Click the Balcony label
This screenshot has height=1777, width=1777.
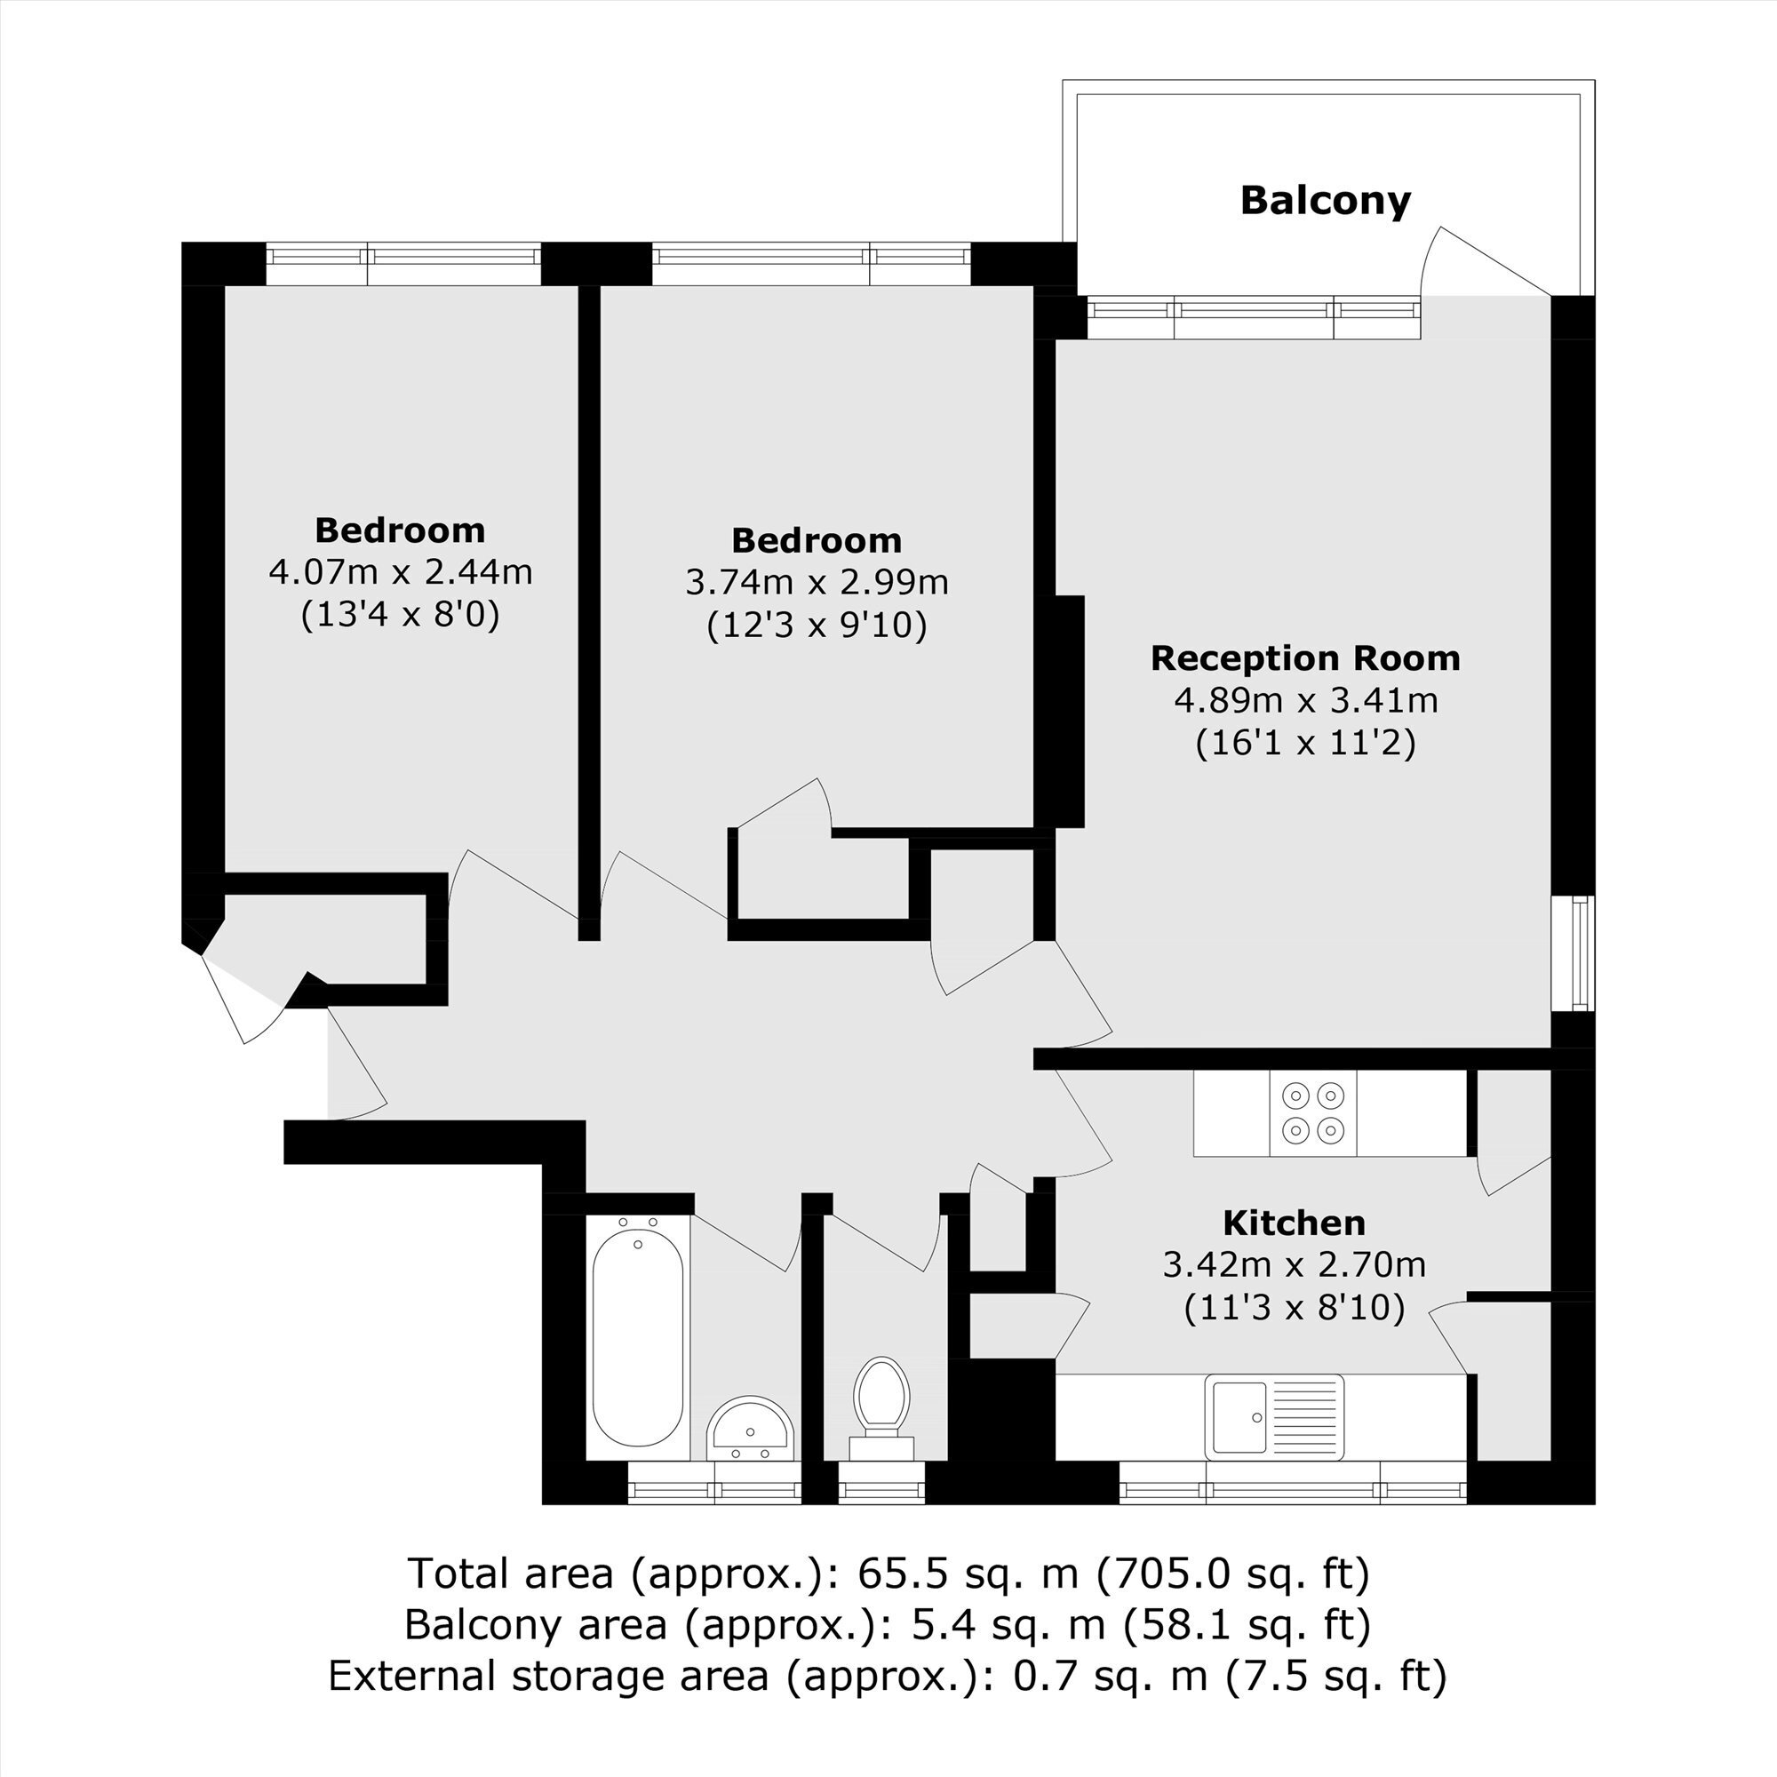[x=1326, y=201]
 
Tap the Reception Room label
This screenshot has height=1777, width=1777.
[x=1305, y=658]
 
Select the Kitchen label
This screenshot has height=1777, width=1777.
[x=1295, y=1223]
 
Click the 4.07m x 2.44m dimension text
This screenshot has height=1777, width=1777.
[x=400, y=572]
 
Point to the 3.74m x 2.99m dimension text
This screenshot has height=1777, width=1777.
[x=817, y=582]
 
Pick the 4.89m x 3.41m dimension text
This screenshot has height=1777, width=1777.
[x=1305, y=701]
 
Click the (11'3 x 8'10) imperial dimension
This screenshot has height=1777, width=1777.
[x=1295, y=1307]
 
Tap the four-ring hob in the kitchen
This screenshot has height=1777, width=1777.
[x=1312, y=1112]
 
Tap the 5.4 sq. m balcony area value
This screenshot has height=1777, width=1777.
[x=1008, y=1625]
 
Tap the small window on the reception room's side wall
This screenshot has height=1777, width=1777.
[x=1573, y=953]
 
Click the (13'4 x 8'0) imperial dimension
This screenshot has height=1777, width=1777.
[x=400, y=615]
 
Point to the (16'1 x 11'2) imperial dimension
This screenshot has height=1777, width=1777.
[x=1305, y=742]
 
